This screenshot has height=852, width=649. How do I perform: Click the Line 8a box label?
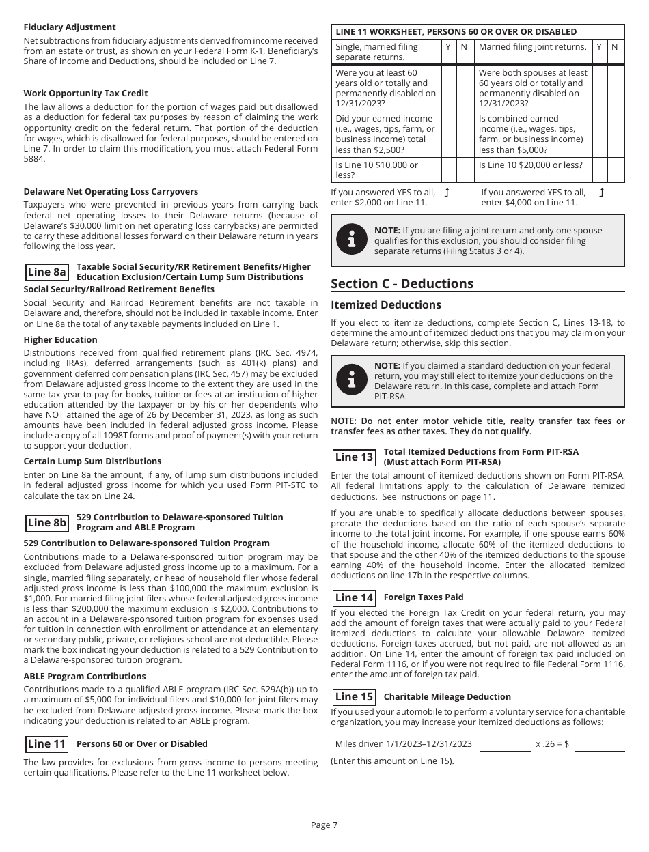tap(47, 272)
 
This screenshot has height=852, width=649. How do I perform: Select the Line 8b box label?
tap(47, 523)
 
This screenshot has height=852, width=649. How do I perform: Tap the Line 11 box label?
tap(47, 744)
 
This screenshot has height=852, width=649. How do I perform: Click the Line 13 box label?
tap(355, 457)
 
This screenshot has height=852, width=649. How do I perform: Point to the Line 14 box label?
tap(355, 598)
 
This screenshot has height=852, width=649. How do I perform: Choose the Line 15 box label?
tap(355, 697)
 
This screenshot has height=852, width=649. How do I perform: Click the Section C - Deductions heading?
tap(402, 284)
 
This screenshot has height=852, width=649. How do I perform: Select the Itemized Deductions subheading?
tap(386, 305)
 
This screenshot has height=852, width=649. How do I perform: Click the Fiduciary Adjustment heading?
tap(70, 27)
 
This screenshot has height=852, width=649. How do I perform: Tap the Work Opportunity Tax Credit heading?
tap(85, 94)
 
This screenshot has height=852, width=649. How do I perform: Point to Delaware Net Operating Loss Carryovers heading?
tap(111, 192)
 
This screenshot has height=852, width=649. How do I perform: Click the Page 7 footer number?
tap(324, 825)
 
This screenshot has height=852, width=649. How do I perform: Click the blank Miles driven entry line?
tap(506, 745)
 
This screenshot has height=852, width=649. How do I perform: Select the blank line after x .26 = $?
tap(600, 745)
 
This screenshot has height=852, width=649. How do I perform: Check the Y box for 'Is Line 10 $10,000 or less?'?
tap(448, 170)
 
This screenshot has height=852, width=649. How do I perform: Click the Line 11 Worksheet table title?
tap(456, 32)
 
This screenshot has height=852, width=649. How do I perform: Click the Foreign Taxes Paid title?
tap(424, 597)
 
